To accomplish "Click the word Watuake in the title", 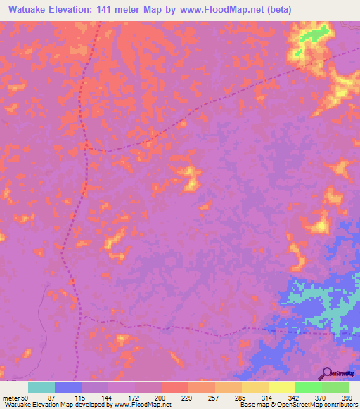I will [27, 9].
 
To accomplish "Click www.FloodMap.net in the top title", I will [227, 9].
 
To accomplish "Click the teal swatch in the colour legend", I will [41, 387].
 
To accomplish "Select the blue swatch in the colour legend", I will [68, 387].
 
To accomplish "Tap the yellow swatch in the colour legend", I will [281, 387].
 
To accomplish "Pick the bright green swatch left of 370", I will [308, 387].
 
